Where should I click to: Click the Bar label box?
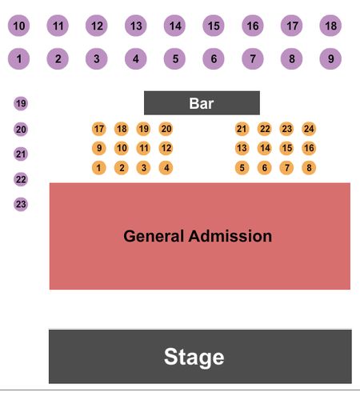[x=202, y=103]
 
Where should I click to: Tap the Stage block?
[x=200, y=356]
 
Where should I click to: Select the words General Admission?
[x=198, y=236]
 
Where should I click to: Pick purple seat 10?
[x=19, y=26]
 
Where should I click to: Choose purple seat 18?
[x=330, y=26]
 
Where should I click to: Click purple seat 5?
[x=174, y=58]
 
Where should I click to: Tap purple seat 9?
[x=330, y=58]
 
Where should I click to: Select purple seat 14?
[x=174, y=26]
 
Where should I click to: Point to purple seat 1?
[x=19, y=58]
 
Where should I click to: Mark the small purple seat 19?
[x=21, y=103]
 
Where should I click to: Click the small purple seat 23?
[x=21, y=204]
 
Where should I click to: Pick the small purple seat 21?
[x=21, y=154]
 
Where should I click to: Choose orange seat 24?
[x=309, y=129]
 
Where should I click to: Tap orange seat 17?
[x=99, y=129]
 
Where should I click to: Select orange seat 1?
[x=99, y=167]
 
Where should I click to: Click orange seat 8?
[x=309, y=167]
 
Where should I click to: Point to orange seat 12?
[x=166, y=148]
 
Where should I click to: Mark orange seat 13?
[x=242, y=148]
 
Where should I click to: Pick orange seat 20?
[x=166, y=129]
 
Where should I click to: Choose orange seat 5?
[x=242, y=167]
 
